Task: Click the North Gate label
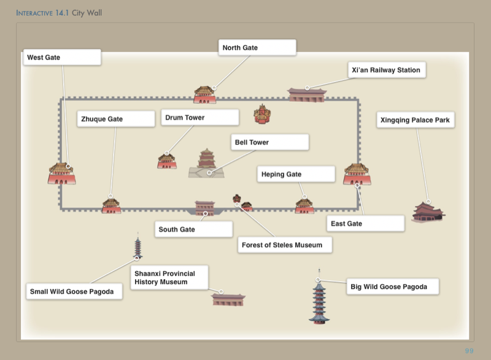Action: (x=257, y=48)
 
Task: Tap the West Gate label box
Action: (x=62, y=58)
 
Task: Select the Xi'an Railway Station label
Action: (x=386, y=71)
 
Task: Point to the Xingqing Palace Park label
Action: (x=416, y=120)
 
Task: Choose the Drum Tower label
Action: (x=199, y=118)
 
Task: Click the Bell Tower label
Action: (x=269, y=142)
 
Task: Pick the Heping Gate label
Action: (x=296, y=175)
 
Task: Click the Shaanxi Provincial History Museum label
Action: (x=169, y=278)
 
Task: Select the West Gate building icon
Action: (x=61, y=173)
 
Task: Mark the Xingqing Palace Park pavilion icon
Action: (x=427, y=212)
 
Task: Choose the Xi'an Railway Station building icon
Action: (x=307, y=94)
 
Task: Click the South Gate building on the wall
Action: (x=204, y=208)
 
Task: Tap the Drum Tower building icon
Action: (x=166, y=161)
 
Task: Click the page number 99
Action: (x=469, y=350)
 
